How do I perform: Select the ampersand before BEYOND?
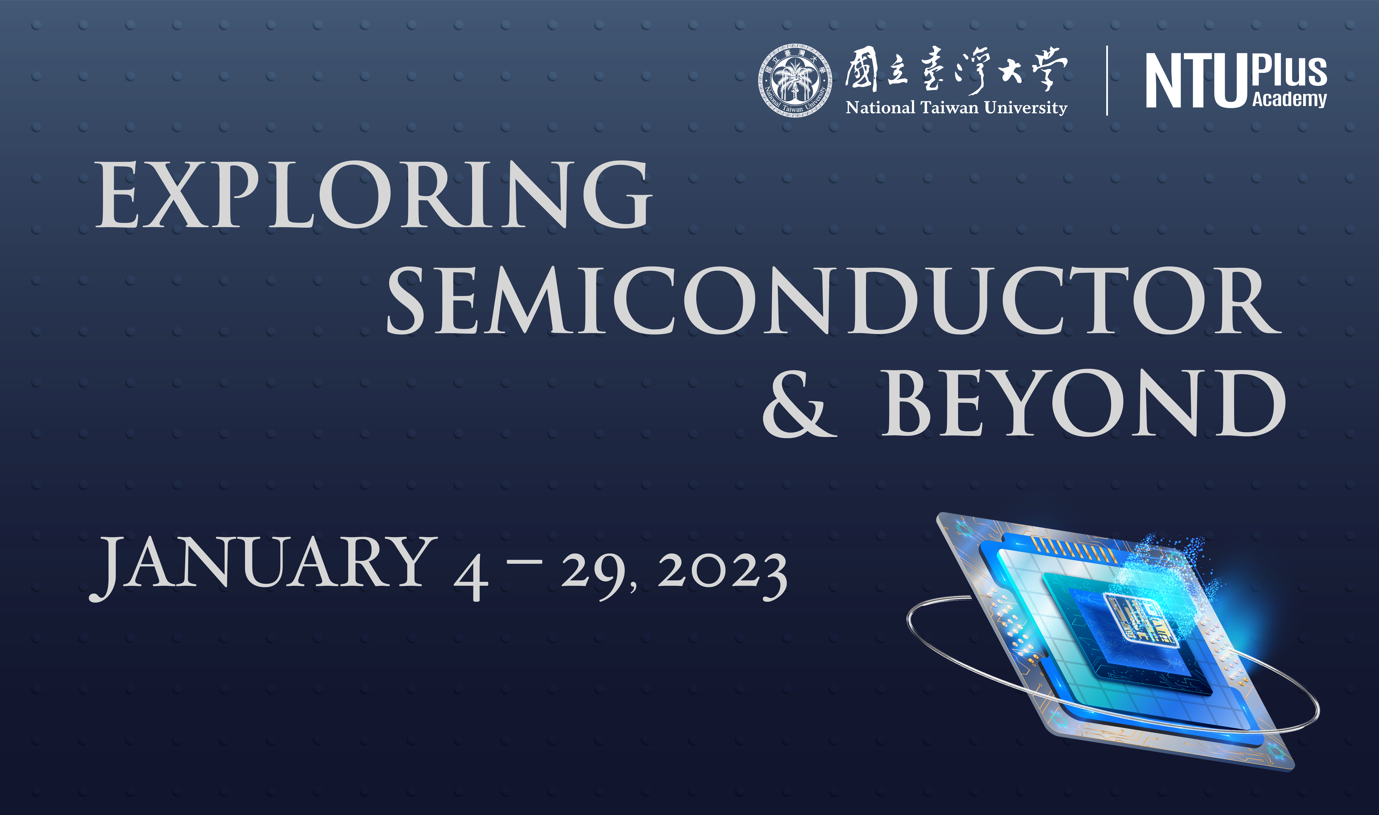coord(799,404)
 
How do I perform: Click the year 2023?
coord(722,575)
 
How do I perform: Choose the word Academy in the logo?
coord(1289,99)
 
